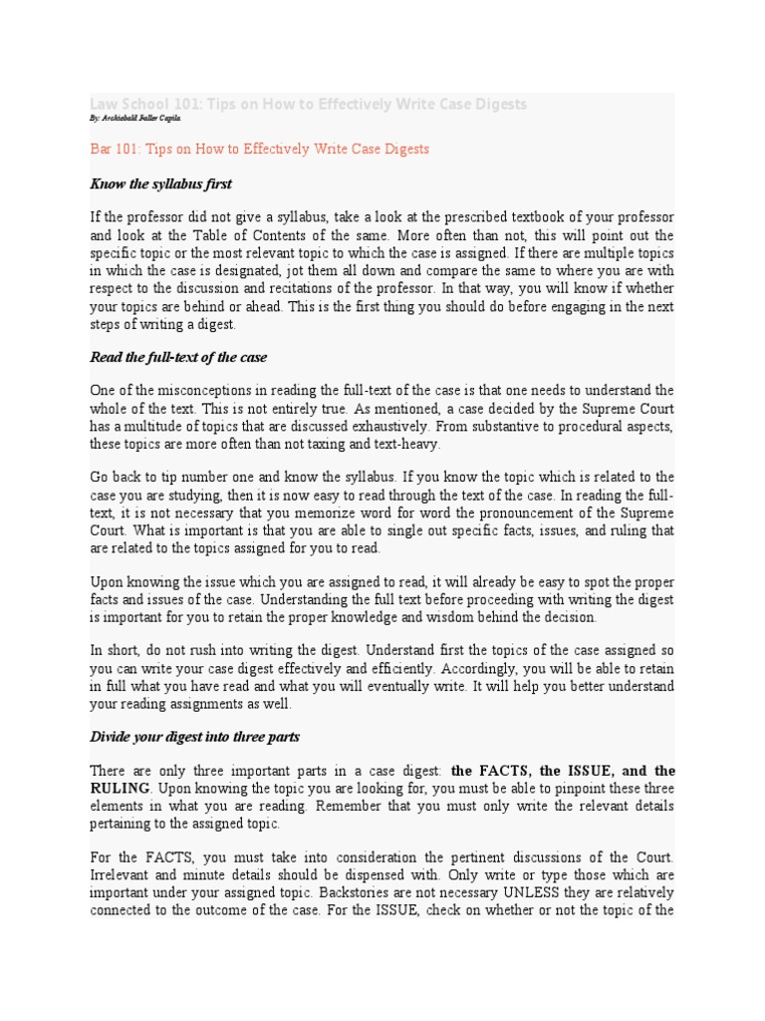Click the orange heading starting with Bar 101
(259, 150)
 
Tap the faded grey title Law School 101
(308, 104)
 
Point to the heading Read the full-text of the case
(178, 357)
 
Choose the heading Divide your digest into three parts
(194, 737)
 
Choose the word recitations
(284, 289)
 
